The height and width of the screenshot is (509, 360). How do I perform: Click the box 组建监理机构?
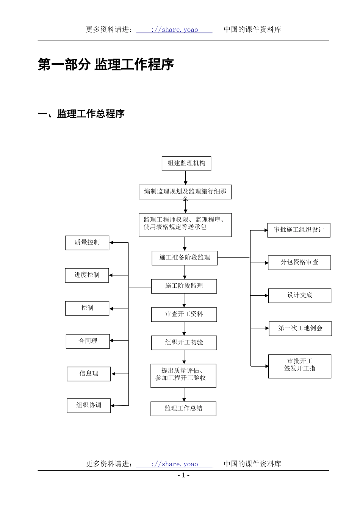click(x=186, y=164)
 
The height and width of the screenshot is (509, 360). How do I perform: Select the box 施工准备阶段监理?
click(x=185, y=258)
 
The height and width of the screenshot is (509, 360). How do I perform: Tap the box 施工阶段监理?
click(x=184, y=286)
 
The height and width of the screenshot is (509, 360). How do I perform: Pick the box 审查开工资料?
click(x=184, y=314)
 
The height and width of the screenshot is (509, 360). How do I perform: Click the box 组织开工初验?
click(x=184, y=343)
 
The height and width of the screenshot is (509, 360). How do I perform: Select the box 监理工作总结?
click(x=183, y=409)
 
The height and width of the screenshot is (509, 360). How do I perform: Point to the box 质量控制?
click(x=87, y=243)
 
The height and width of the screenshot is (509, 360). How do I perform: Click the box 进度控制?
click(x=87, y=275)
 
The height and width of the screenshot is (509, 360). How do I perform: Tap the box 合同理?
click(x=88, y=341)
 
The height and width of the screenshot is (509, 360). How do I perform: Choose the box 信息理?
click(x=89, y=374)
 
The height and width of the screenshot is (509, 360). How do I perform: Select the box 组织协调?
click(x=89, y=406)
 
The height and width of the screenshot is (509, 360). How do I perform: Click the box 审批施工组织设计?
click(x=299, y=230)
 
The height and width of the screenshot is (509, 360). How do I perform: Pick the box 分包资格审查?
click(x=299, y=262)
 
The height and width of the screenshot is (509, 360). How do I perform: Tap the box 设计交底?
click(x=299, y=295)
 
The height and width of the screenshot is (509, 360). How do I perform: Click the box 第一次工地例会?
click(x=300, y=328)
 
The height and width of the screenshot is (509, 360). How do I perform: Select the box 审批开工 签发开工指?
click(x=299, y=366)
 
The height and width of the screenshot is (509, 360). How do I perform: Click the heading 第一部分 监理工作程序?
click(x=106, y=64)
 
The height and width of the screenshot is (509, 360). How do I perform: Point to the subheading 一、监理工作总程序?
click(x=81, y=114)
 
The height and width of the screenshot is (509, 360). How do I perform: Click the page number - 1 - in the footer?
click(x=183, y=475)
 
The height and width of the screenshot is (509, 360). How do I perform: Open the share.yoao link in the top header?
click(x=174, y=30)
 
